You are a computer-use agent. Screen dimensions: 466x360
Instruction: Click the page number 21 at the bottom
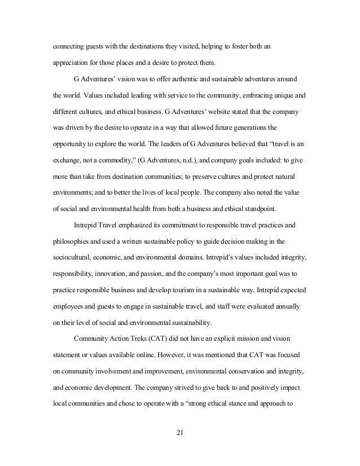(180, 434)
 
